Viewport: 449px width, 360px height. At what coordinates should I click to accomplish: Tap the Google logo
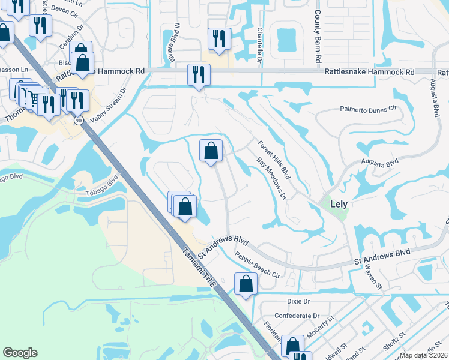point(20,353)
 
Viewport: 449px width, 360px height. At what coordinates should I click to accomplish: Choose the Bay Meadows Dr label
point(272,179)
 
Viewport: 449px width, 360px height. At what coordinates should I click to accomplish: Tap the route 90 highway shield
point(79,121)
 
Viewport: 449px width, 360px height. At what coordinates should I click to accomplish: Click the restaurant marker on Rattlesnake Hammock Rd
point(198,75)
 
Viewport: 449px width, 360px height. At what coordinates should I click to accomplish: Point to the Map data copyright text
point(424,355)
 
